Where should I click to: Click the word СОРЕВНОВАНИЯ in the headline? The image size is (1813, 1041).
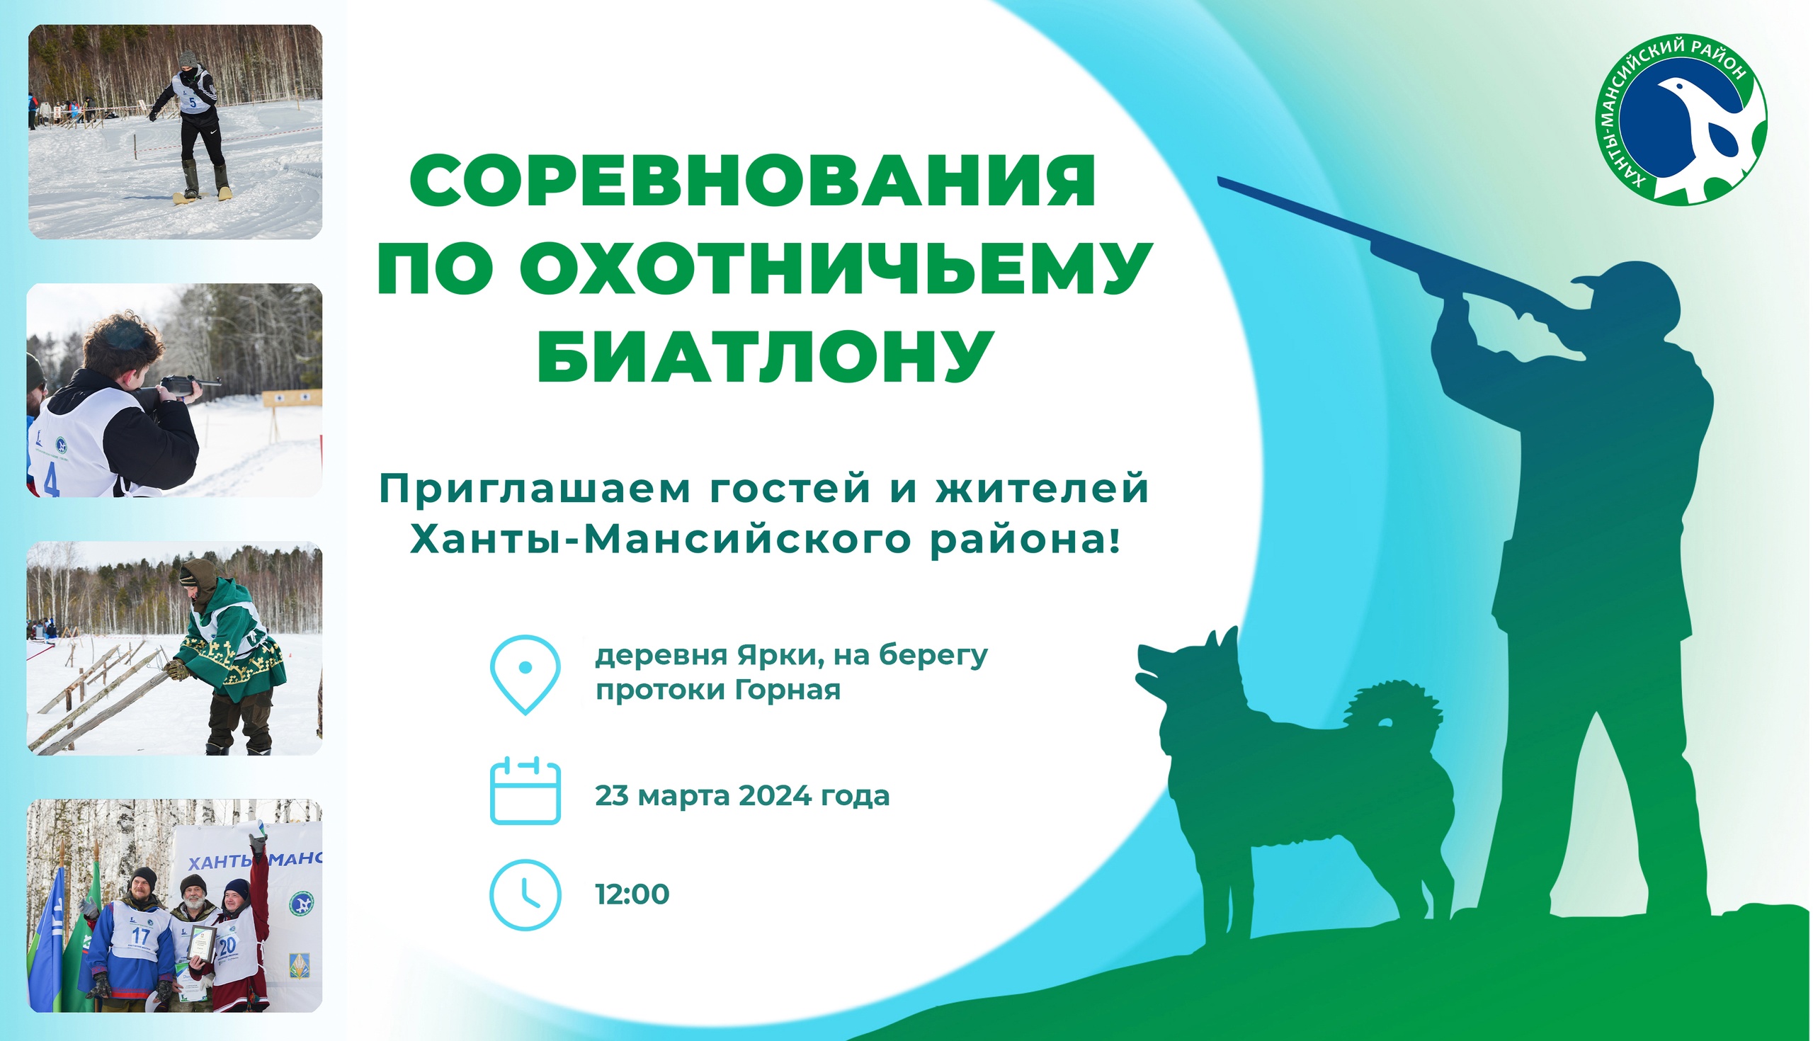coord(752,180)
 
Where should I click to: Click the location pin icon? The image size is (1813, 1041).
coord(525,674)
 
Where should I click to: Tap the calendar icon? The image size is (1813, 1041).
coord(525,791)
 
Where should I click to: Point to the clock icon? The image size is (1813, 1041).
coord(525,894)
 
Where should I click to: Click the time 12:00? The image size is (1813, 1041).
coord(632,894)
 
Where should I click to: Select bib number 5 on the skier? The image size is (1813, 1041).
coord(193,102)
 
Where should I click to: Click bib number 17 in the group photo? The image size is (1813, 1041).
coord(141,936)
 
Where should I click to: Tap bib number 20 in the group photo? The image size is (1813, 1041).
coord(227,946)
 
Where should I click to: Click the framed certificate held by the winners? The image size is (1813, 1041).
coord(202,943)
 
